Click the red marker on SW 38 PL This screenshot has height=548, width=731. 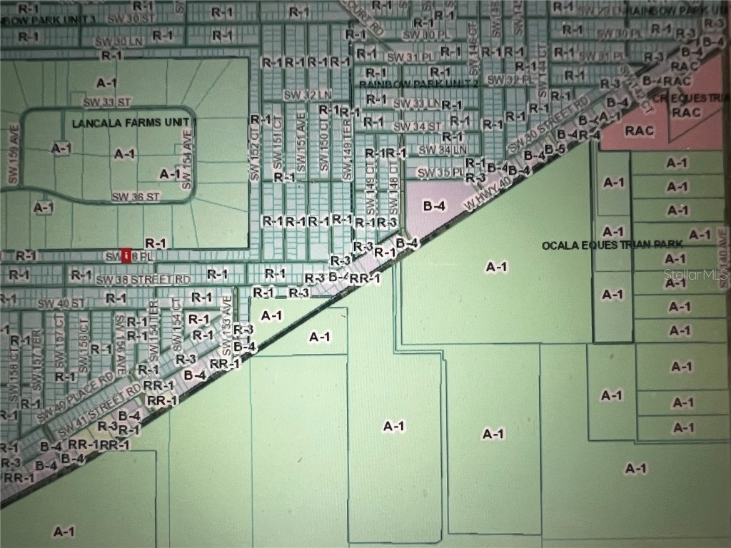pyautogui.click(x=126, y=255)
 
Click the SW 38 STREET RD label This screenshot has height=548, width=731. pyautogui.click(x=143, y=279)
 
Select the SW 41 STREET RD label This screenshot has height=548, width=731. pyautogui.click(x=100, y=413)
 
